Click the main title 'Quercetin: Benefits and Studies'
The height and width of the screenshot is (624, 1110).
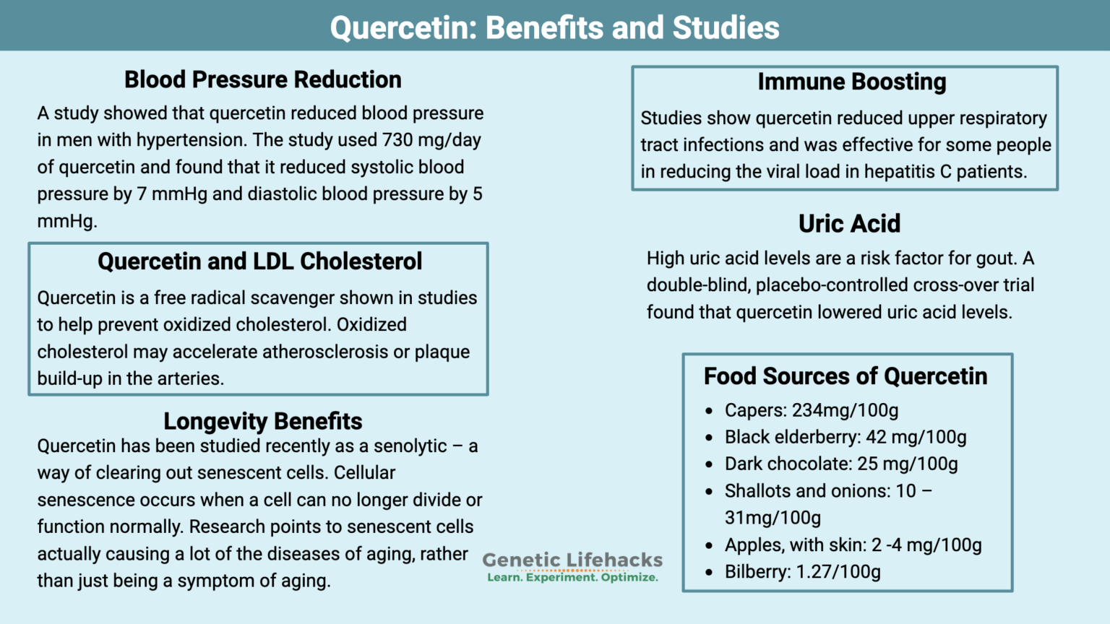[554, 27]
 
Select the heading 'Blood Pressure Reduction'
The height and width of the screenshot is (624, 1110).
[262, 79]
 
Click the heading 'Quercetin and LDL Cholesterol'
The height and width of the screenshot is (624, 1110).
[259, 261]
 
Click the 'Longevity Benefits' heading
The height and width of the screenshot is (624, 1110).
[262, 421]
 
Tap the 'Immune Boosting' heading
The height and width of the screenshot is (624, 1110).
[851, 82]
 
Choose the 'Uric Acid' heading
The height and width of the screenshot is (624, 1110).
[849, 224]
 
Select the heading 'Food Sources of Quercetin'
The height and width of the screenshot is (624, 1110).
[845, 376]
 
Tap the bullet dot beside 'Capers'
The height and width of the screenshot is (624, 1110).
[709, 411]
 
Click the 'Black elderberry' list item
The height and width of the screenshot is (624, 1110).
[845, 438]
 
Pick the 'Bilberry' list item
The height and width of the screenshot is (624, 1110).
[802, 572]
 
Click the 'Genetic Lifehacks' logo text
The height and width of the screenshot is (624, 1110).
[572, 560]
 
